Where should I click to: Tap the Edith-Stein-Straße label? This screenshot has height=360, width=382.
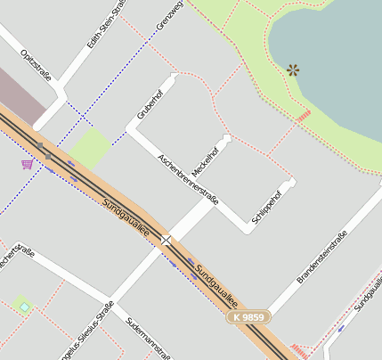[x=105, y=20]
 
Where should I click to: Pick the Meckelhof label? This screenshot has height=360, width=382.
[x=207, y=159]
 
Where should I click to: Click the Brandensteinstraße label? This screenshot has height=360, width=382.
[x=321, y=258]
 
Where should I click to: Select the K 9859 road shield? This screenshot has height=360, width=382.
[x=248, y=316]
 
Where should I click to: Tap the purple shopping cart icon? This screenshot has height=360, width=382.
[x=27, y=164]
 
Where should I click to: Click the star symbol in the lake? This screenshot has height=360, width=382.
[x=293, y=70]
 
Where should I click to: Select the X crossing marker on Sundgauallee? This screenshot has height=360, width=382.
[x=166, y=241]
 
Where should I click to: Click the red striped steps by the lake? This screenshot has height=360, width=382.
[x=303, y=115]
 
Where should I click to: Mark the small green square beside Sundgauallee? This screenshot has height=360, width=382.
[x=90, y=147]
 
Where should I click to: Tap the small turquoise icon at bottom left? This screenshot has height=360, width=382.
[x=25, y=307]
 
